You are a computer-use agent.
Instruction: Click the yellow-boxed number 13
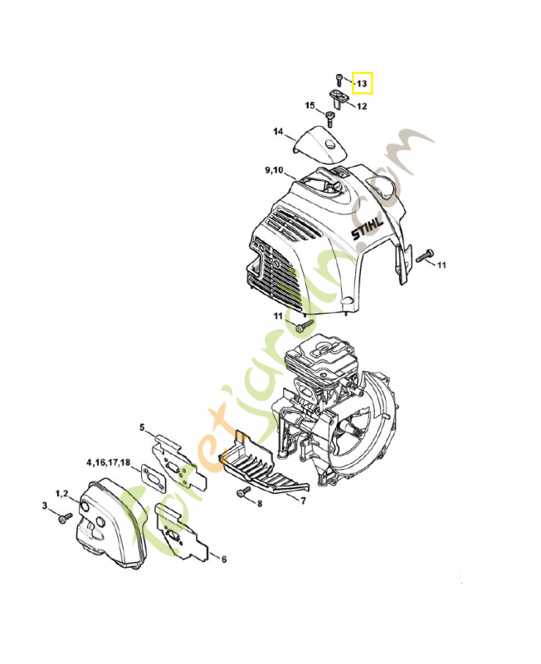click(x=363, y=84)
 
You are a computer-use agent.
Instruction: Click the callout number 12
click(x=363, y=106)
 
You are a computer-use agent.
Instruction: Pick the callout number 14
click(x=278, y=132)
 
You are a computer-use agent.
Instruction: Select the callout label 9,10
click(x=274, y=170)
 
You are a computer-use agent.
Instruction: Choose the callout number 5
click(x=142, y=427)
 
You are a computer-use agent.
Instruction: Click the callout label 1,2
click(x=62, y=494)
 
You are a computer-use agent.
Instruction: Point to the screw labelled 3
click(x=63, y=518)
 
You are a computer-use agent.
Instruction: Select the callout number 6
click(x=223, y=559)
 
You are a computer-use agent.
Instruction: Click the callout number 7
click(x=304, y=500)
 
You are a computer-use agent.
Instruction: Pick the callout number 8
click(x=259, y=504)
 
